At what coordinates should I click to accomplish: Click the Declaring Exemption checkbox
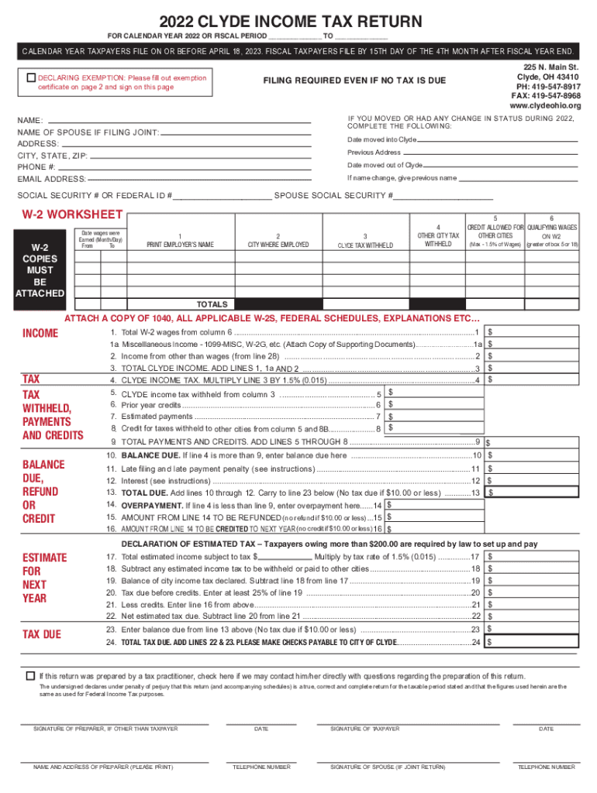tap(31, 78)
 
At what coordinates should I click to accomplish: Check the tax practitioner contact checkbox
tap(31, 675)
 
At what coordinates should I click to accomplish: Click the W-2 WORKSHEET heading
tap(71, 215)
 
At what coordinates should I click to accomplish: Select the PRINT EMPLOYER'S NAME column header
tap(180, 245)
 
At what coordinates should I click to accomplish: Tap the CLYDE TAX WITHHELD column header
tap(364, 245)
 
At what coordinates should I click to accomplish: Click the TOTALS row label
tap(212, 304)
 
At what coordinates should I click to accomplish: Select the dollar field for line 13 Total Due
tap(535, 493)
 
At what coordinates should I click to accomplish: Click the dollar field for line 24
tap(535, 642)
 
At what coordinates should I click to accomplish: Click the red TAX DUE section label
tap(42, 634)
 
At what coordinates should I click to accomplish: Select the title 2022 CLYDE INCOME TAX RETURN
tap(298, 21)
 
